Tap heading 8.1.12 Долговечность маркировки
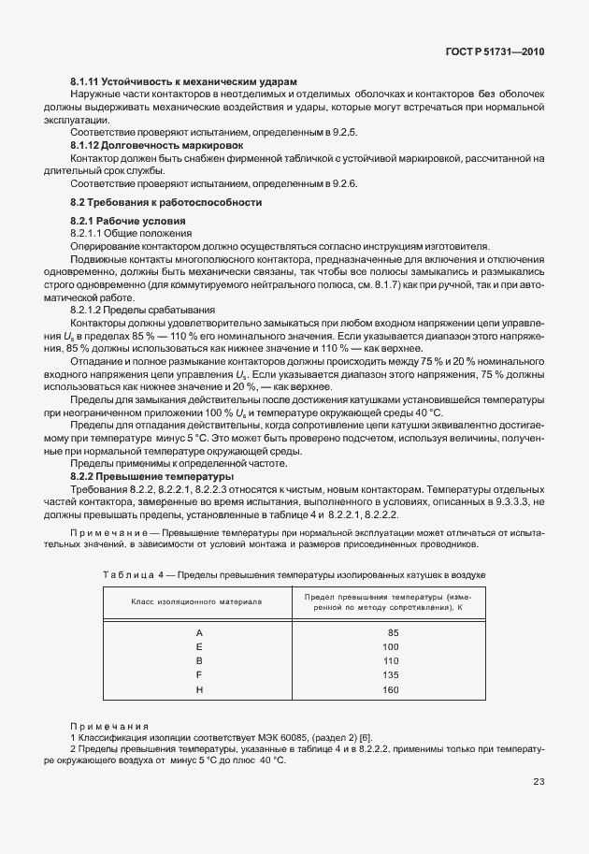click(x=157, y=147)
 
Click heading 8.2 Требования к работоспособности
click(x=166, y=202)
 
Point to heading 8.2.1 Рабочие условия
click(x=128, y=221)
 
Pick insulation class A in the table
click(x=199, y=633)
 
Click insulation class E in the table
click(x=199, y=647)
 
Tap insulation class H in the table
click(x=199, y=689)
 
